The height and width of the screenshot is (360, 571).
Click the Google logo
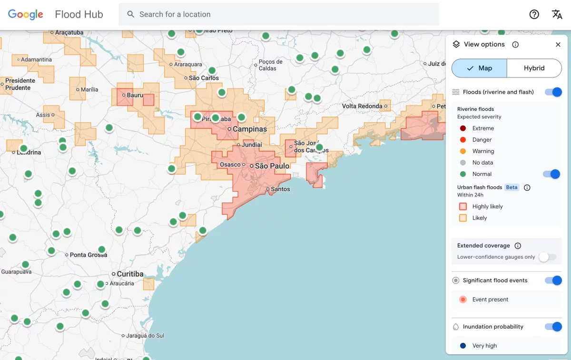26,14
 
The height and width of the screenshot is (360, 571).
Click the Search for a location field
278,14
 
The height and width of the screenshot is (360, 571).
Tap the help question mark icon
534,14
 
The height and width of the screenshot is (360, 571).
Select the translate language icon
557,14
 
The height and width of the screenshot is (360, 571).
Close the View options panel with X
558,44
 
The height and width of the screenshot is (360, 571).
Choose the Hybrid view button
534,68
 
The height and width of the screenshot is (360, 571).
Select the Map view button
479,68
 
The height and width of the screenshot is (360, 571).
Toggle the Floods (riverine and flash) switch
553,92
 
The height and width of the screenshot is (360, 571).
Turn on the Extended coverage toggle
547,257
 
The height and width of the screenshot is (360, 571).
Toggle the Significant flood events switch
553,281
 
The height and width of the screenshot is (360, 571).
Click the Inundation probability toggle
553,327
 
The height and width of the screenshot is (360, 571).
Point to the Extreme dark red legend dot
463,128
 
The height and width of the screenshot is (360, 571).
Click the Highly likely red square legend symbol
463,206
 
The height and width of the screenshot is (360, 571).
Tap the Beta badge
512,187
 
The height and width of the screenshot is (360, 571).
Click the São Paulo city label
272,166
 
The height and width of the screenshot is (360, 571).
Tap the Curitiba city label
130,274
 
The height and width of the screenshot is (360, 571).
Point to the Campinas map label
249,129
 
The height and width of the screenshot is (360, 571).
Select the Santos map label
280,189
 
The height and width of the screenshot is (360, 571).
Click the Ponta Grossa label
88,255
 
